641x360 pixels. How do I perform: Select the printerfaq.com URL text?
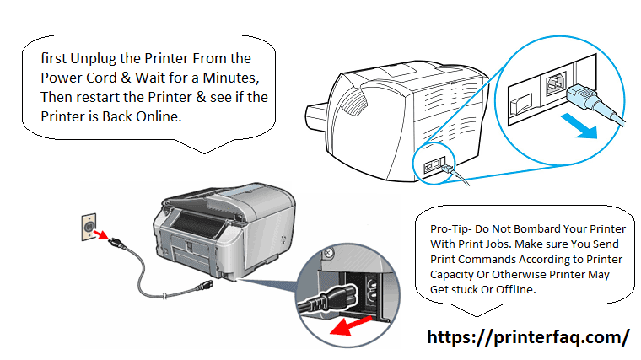pos(528,337)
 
